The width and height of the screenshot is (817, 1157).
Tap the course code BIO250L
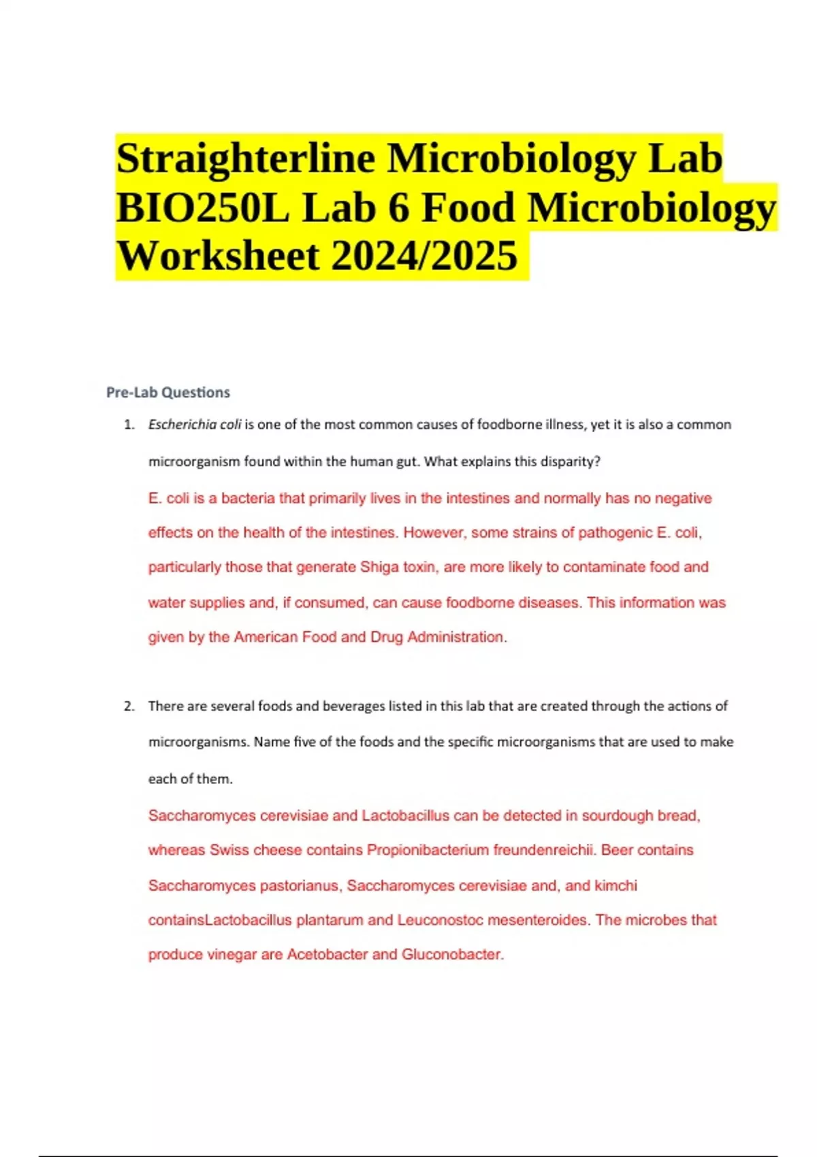[203, 208]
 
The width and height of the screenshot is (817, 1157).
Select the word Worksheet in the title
[218, 256]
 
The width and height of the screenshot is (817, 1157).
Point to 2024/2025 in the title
[424, 256]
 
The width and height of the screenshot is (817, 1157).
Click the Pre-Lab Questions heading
[168, 393]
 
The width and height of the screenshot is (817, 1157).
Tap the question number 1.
[129, 425]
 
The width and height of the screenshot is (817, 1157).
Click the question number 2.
[129, 706]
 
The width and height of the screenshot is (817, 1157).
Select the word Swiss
[229, 851]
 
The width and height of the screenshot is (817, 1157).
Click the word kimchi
[616, 886]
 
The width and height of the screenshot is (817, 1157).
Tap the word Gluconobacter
[452, 955]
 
